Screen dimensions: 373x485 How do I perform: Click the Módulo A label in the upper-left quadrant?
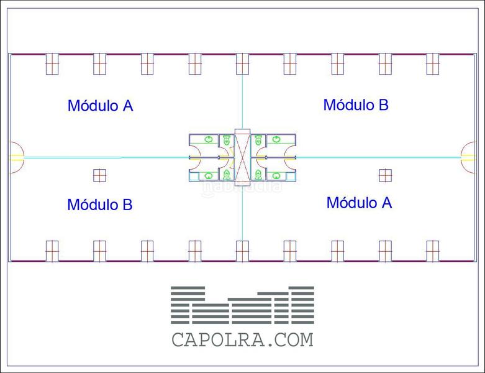click(x=100, y=106)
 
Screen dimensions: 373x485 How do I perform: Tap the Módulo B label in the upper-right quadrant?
click(x=356, y=105)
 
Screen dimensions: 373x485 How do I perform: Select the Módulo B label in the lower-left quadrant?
click(x=99, y=205)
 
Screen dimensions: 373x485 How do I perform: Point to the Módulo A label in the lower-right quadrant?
click(x=359, y=203)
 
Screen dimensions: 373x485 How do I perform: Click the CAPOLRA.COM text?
click(x=242, y=340)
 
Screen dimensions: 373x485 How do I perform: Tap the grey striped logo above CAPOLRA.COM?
click(x=242, y=305)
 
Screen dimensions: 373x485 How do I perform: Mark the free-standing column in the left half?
click(x=99, y=175)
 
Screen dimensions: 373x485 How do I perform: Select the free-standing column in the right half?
click(x=385, y=175)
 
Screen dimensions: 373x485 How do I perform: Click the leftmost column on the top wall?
click(x=52, y=63)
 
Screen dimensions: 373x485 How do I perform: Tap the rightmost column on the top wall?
click(x=432, y=63)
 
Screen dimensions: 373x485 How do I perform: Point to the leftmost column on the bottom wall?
click(x=52, y=251)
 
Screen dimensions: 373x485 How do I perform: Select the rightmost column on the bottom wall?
click(x=432, y=251)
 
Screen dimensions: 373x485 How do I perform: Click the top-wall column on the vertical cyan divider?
click(x=242, y=63)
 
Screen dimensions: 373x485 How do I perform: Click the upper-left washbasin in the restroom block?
click(x=209, y=139)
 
